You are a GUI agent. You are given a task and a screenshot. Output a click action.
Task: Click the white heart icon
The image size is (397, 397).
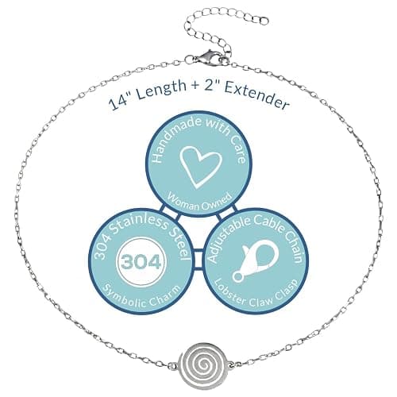[199, 167]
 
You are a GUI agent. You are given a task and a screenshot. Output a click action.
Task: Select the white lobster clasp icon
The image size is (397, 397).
[255, 260]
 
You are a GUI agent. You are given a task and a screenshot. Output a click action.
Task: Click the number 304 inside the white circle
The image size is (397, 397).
[141, 262]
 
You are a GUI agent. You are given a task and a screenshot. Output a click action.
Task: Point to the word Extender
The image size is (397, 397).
[256, 95]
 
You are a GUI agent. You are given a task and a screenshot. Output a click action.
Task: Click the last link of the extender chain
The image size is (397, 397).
[263, 21]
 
